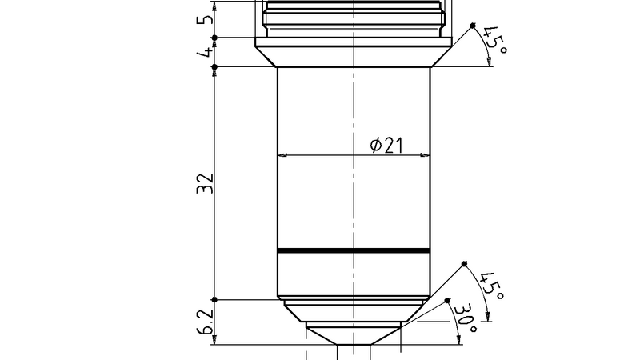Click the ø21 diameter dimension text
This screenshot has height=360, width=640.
pyautogui.click(x=386, y=145)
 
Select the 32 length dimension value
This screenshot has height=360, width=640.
pyautogui.click(x=205, y=182)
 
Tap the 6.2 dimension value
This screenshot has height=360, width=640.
pyautogui.click(x=205, y=322)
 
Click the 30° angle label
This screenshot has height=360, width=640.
pyautogui.click(x=466, y=317)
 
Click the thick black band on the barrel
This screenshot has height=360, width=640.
pyautogui.click(x=354, y=251)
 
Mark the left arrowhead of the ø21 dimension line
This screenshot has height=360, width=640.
pyautogui.click(x=282, y=155)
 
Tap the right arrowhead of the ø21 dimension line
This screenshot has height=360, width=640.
pyautogui.click(x=426, y=155)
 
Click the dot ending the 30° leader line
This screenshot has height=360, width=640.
pyautogui.click(x=446, y=299)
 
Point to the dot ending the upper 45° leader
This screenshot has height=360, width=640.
pyautogui.click(x=473, y=26)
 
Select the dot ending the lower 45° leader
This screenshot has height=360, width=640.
pyautogui.click(x=464, y=263)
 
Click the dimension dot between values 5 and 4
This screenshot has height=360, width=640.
pyautogui.click(x=214, y=37)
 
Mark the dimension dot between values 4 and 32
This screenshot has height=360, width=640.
pyautogui.click(x=214, y=66)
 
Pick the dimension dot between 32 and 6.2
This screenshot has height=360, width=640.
pyautogui.click(x=214, y=300)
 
